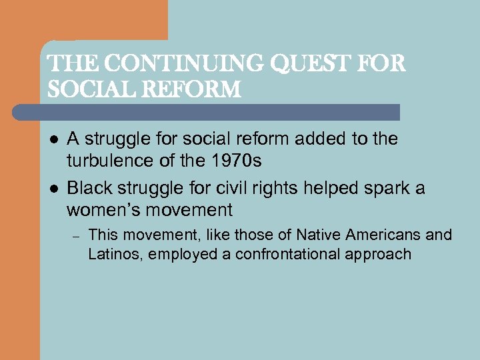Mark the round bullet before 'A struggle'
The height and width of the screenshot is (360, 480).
click(53, 139)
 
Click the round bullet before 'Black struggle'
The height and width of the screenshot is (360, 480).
click(53, 188)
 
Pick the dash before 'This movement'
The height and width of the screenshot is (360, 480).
click(75, 235)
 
